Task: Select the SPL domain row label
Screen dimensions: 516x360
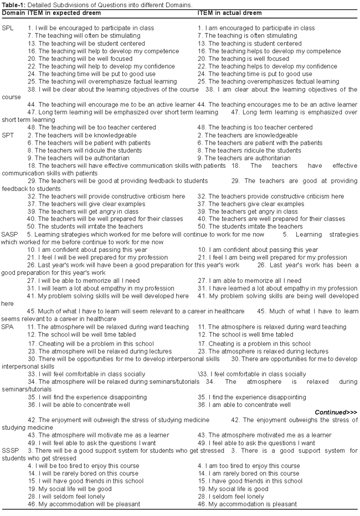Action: coord(8,28)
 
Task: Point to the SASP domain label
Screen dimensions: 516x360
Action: coord(10,235)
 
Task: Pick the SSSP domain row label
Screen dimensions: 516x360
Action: coord(10,451)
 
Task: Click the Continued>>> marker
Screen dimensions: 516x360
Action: coord(336,412)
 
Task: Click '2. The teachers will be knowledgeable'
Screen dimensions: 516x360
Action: coord(74,135)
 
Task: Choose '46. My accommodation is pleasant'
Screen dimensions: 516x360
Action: coord(247,504)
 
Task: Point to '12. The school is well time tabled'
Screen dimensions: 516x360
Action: coord(245,335)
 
